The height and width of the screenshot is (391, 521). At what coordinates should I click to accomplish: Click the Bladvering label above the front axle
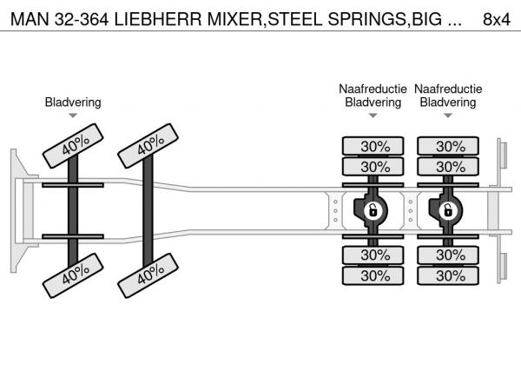coord(73,103)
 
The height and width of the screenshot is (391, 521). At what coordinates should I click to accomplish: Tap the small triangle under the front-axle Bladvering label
coord(73,116)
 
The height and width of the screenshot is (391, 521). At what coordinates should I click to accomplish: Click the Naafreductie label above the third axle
coord(373,89)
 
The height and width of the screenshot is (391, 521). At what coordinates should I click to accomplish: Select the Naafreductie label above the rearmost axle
coord(448,89)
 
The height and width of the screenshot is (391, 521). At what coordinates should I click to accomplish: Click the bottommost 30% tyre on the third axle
coord(375,276)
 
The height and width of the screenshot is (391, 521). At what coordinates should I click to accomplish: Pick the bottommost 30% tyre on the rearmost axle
coord(450,276)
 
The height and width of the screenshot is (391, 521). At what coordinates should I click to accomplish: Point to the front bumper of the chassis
coord(16,209)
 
